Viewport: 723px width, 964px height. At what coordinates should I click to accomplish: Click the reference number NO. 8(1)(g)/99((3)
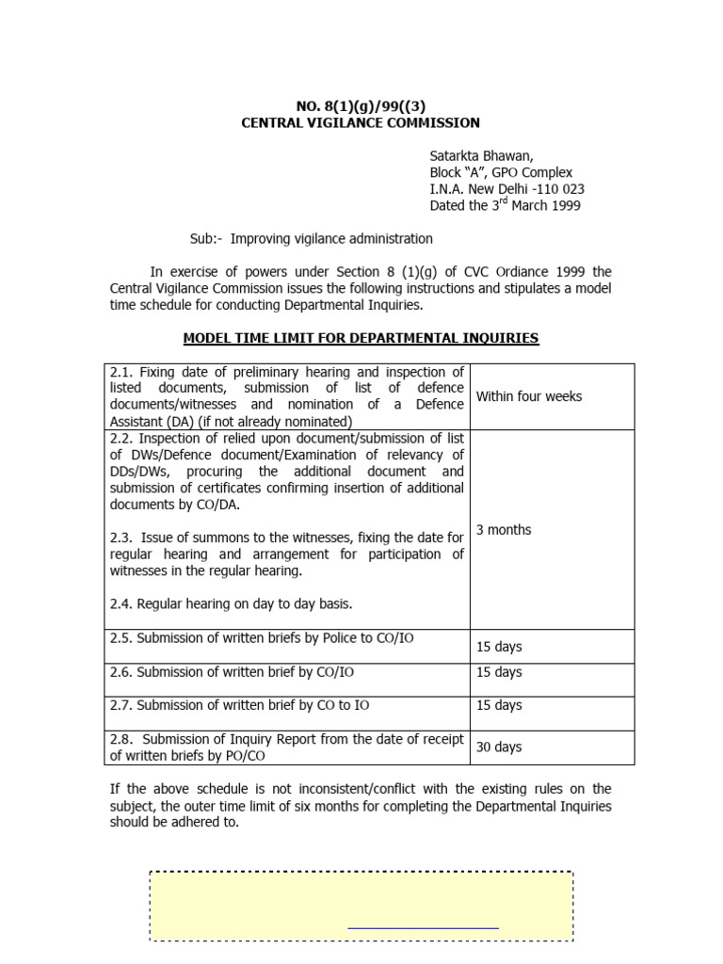361,105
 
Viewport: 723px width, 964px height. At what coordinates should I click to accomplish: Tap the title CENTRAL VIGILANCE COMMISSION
361,122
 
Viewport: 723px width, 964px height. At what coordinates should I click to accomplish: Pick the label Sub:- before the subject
206,239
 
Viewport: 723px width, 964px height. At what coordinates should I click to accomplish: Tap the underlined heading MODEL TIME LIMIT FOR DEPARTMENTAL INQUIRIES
361,338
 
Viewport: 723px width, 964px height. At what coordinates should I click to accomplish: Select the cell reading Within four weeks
528,396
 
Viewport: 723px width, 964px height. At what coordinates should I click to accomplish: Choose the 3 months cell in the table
504,530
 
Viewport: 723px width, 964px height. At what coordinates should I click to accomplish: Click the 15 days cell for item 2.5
499,647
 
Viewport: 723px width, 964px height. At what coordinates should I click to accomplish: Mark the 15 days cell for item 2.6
499,672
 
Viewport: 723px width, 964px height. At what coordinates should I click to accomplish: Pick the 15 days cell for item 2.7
499,705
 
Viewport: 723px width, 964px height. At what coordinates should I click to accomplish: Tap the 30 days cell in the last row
499,747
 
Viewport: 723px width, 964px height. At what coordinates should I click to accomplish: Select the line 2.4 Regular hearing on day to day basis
231,603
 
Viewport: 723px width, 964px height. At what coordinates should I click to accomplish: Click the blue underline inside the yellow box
423,928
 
